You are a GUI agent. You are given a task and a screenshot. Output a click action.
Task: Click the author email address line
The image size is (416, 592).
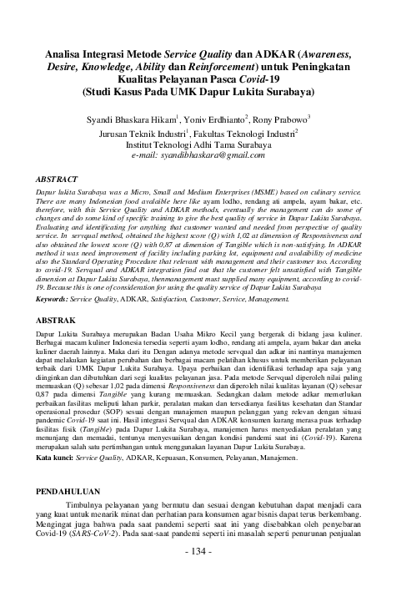tap(207, 155)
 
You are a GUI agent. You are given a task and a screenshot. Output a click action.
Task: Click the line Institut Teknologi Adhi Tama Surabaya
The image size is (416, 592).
tap(208, 143)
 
